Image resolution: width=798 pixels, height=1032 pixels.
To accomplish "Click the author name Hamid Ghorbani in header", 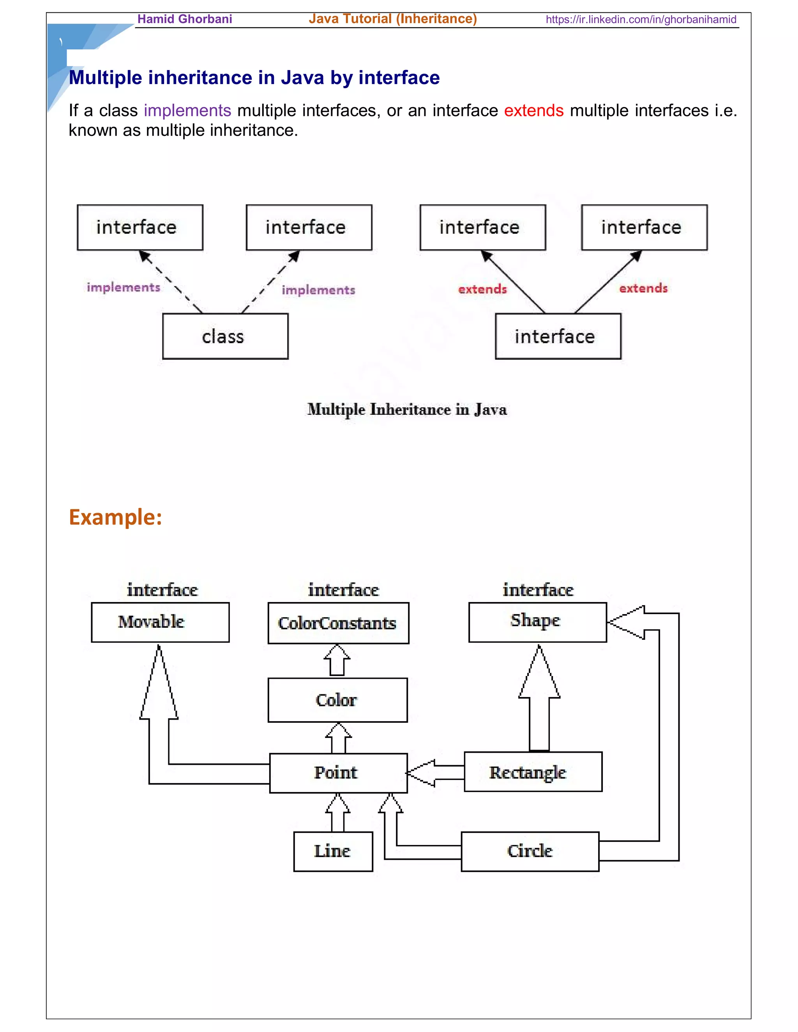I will coord(184,19).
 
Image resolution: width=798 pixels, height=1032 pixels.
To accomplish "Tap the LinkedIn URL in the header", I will coord(641,19).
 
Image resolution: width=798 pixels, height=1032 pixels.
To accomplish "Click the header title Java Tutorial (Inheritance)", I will coord(392,19).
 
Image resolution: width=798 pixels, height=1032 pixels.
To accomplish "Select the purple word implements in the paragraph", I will coord(187,111).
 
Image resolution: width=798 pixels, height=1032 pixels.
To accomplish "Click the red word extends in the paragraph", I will coord(533,111).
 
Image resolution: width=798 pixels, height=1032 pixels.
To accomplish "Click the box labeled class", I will coord(225,336).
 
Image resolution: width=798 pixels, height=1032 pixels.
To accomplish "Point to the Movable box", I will coord(160,622).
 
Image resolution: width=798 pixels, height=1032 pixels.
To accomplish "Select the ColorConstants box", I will coord(338,623).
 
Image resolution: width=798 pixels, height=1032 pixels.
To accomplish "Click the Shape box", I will coord(537,622).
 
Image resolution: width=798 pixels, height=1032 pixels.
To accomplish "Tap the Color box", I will coord(337,700).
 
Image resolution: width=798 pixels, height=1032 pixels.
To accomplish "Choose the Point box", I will coord(338,773).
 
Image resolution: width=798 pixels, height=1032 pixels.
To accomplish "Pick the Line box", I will coord(333,851).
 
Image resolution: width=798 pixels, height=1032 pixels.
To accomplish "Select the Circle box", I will coord(530,851).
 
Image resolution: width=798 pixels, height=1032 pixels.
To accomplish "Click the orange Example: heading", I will coord(115,517).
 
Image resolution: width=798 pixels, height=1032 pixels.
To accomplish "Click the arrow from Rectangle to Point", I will coord(435,773).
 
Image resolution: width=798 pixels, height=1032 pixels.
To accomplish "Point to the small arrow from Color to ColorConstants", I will coord(337,660).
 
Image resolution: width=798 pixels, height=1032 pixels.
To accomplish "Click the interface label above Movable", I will coord(162,590).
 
